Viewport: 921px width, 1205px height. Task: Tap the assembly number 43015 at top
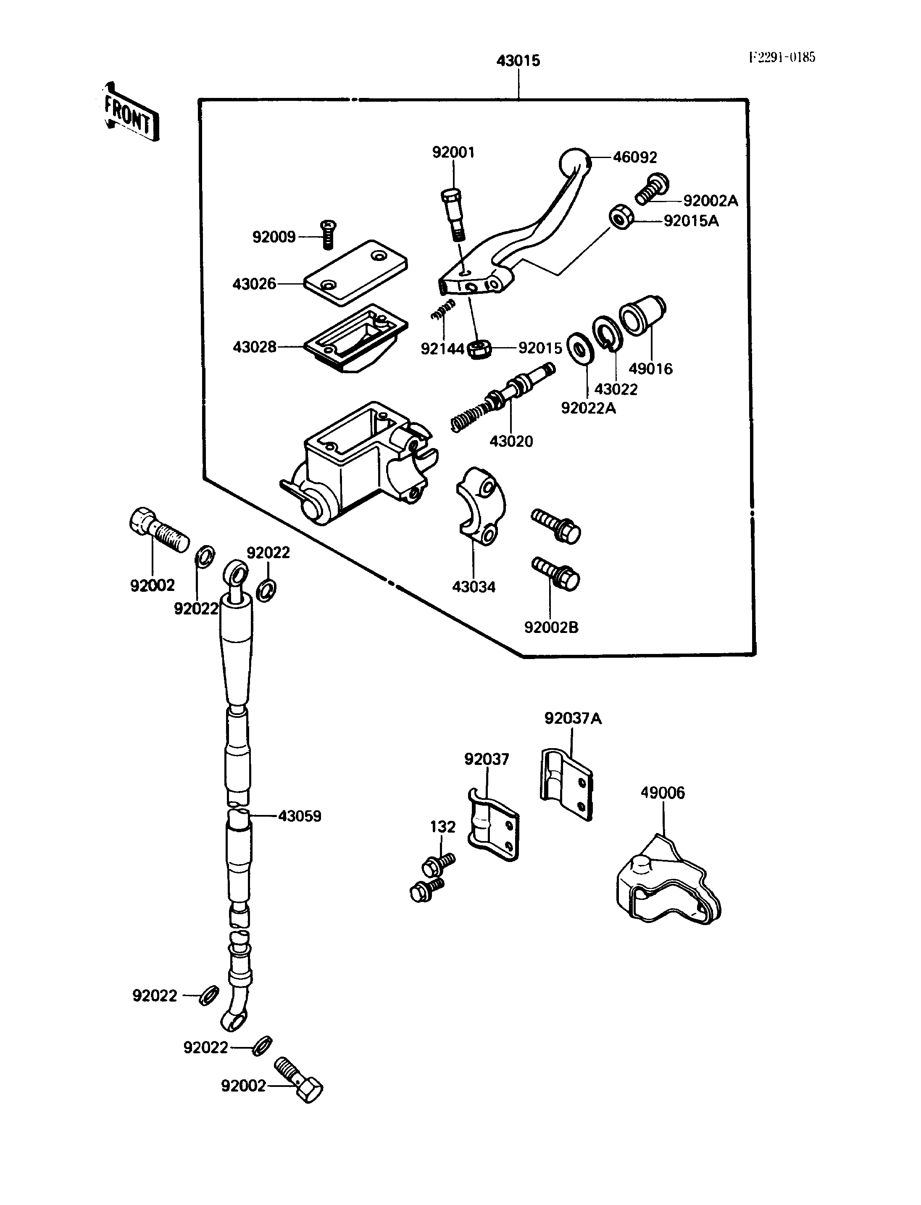518,61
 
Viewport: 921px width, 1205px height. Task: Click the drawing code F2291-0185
782,57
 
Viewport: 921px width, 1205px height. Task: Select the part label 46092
635,158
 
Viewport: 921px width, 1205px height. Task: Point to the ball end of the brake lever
574,162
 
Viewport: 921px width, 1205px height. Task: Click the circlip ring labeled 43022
607,333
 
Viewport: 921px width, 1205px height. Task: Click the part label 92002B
551,628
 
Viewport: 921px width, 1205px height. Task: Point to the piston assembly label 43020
511,441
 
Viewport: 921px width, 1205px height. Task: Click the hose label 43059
299,816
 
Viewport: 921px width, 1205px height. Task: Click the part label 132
442,827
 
